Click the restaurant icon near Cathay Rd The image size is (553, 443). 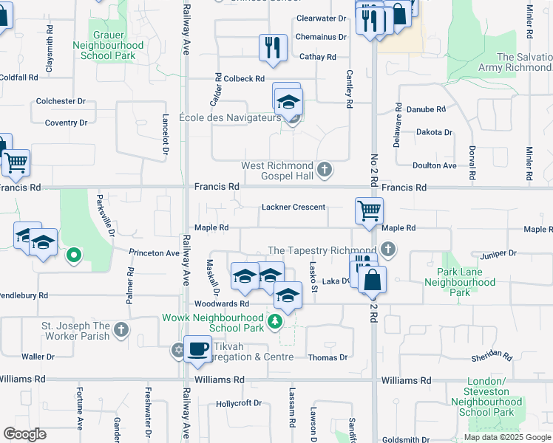click(x=272, y=47)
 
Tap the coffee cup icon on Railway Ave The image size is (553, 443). click(x=197, y=348)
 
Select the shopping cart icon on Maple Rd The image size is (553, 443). click(x=369, y=210)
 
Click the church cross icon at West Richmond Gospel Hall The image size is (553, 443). click(x=323, y=171)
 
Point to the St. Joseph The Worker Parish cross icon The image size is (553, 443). click(x=122, y=330)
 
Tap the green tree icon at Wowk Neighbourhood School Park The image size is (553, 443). click(x=274, y=321)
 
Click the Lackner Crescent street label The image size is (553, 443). click(x=293, y=207)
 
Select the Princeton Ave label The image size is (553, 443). click(x=154, y=253)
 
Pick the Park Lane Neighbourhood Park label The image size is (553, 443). click(x=460, y=282)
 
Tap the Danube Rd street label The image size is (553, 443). click(x=430, y=109)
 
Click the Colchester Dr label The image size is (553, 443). click(x=61, y=101)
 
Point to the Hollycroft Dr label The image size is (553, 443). click(x=239, y=403)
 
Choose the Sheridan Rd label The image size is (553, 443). click(x=492, y=356)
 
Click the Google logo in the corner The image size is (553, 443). click(x=24, y=434)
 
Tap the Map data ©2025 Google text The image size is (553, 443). click(x=506, y=437)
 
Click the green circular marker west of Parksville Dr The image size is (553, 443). click(x=73, y=256)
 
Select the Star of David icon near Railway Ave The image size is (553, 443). click(x=178, y=349)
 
